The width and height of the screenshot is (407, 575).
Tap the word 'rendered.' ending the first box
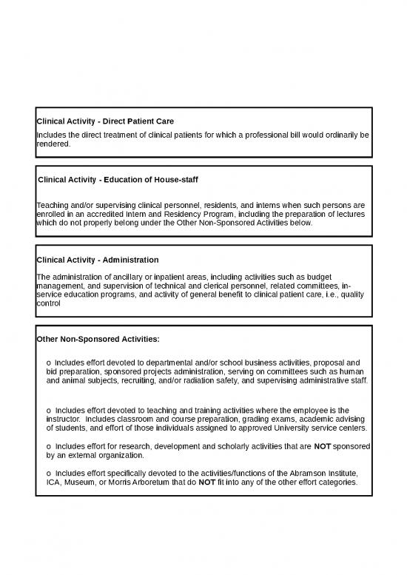(x=53, y=145)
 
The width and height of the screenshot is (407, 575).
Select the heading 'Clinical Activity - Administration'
(x=97, y=260)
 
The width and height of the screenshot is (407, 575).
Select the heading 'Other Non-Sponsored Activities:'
(x=98, y=339)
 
